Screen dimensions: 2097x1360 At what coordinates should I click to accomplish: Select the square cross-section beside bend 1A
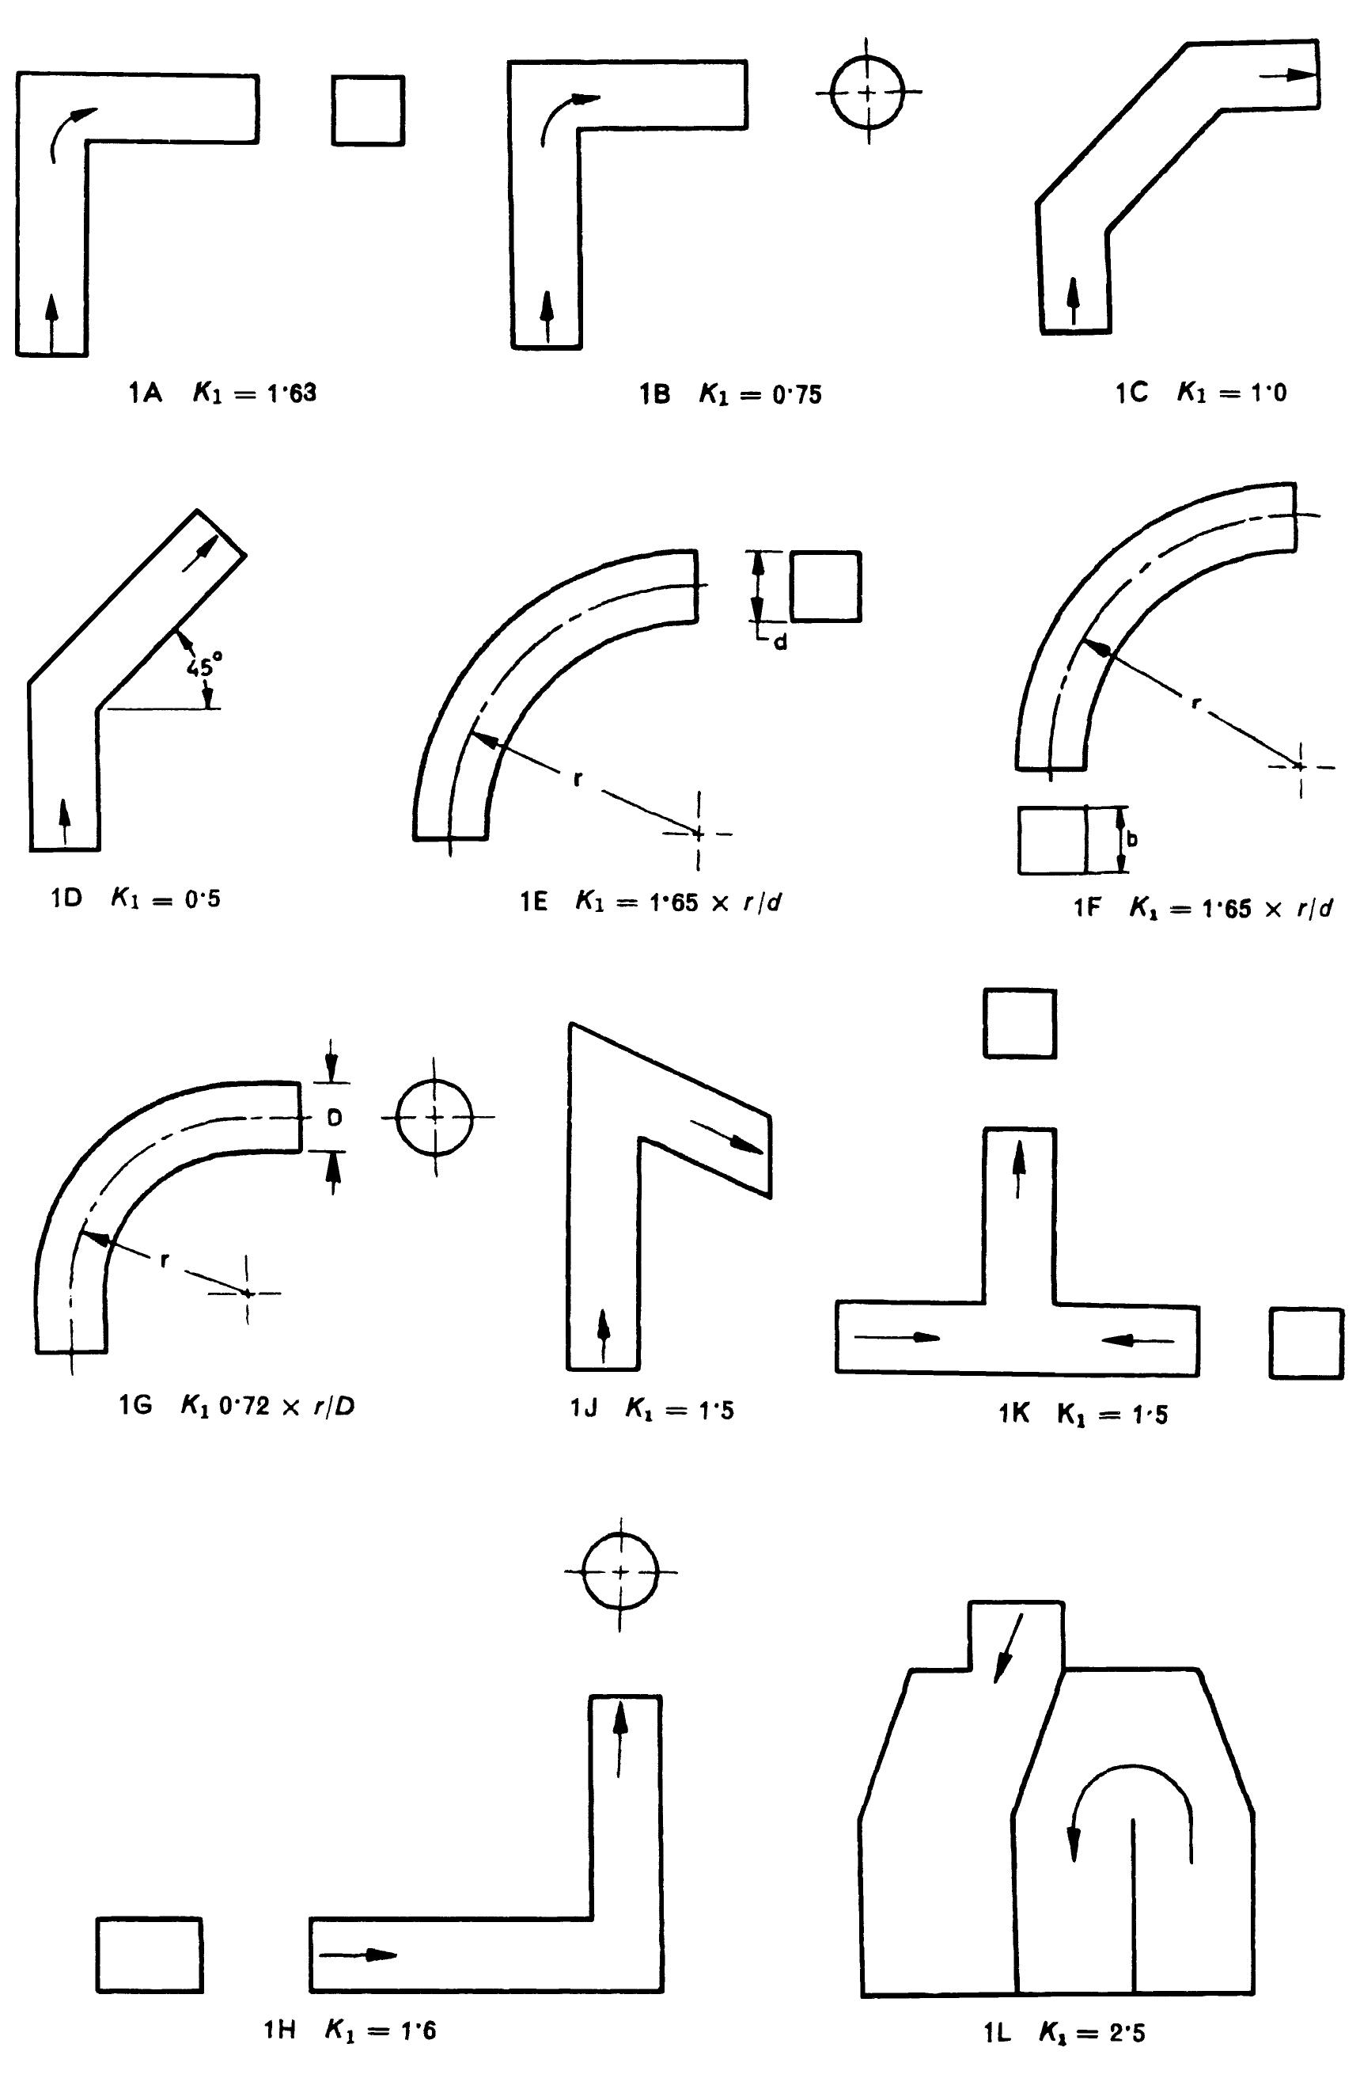(x=368, y=110)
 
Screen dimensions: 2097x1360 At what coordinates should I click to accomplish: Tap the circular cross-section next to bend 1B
(x=869, y=92)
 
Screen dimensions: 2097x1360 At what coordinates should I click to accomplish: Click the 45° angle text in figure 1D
(x=199, y=667)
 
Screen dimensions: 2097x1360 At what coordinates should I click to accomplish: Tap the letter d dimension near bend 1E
(x=780, y=641)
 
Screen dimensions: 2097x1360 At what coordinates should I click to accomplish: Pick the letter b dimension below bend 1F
(x=1132, y=839)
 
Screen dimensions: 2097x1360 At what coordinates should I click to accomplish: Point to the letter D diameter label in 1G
(x=334, y=1117)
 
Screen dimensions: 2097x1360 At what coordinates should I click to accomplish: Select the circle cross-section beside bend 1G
(x=434, y=1116)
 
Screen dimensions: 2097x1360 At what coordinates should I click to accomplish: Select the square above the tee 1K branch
(x=1019, y=1023)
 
